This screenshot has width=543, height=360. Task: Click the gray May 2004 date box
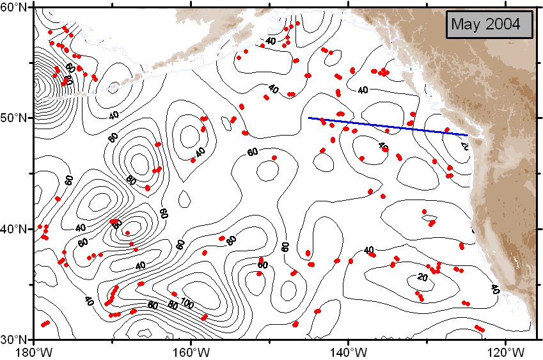click(489, 25)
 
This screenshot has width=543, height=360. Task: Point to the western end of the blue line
click(309, 118)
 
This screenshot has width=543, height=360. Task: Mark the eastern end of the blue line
click(468, 135)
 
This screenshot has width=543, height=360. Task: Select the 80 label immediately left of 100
click(173, 305)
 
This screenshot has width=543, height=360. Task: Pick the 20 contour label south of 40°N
click(421, 277)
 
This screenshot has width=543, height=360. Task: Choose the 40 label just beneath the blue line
click(382, 147)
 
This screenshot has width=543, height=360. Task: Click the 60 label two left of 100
click(153, 306)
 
